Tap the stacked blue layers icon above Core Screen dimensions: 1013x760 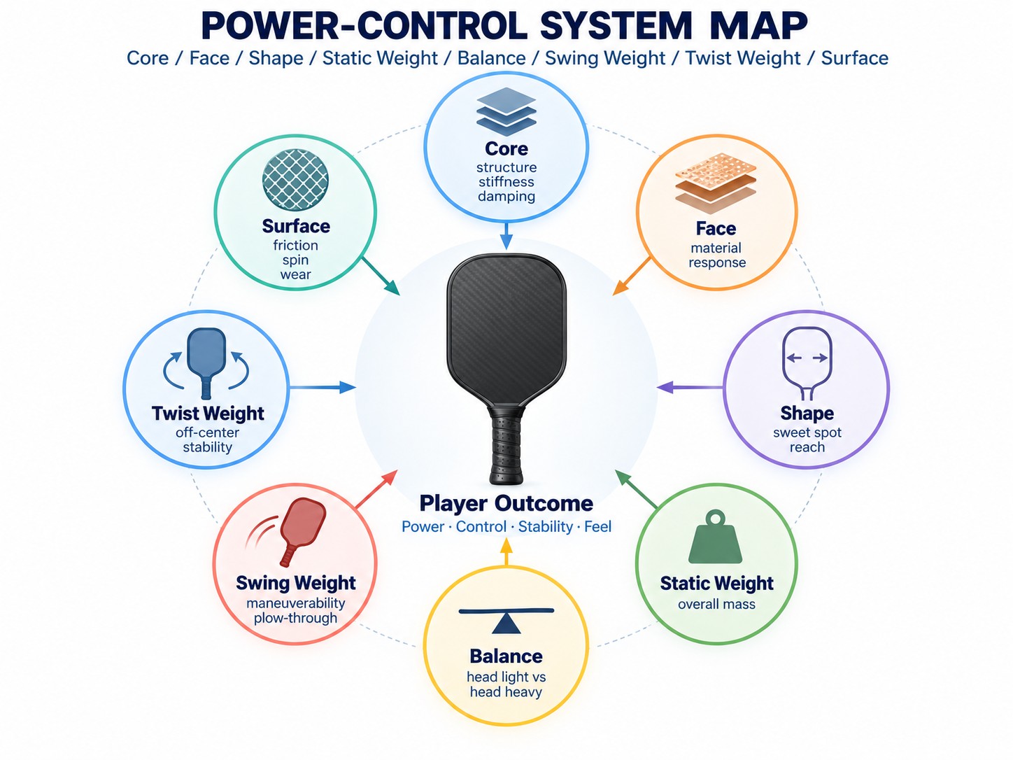(506, 112)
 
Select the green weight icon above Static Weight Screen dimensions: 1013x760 (715, 537)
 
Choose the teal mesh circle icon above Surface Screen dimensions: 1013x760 (295, 178)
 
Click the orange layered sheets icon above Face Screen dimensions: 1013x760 (716, 183)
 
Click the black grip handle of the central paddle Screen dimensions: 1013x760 (506, 443)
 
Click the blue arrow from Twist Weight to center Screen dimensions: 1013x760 (322, 387)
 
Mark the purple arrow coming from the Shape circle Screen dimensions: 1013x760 (690, 387)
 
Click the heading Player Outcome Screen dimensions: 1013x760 (506, 503)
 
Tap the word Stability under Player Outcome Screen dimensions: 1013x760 (545, 526)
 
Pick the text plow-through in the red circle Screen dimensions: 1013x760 (295, 618)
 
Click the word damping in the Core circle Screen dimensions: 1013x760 (506, 197)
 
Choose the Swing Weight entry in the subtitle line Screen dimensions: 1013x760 (605, 58)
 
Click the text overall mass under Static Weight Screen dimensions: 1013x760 (716, 604)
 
